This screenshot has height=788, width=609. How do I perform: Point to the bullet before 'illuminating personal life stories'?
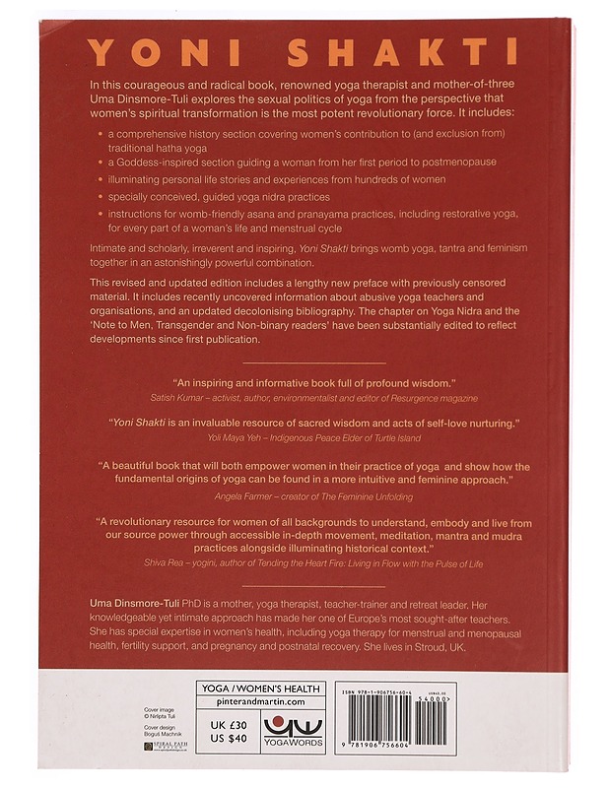coord(101,178)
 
